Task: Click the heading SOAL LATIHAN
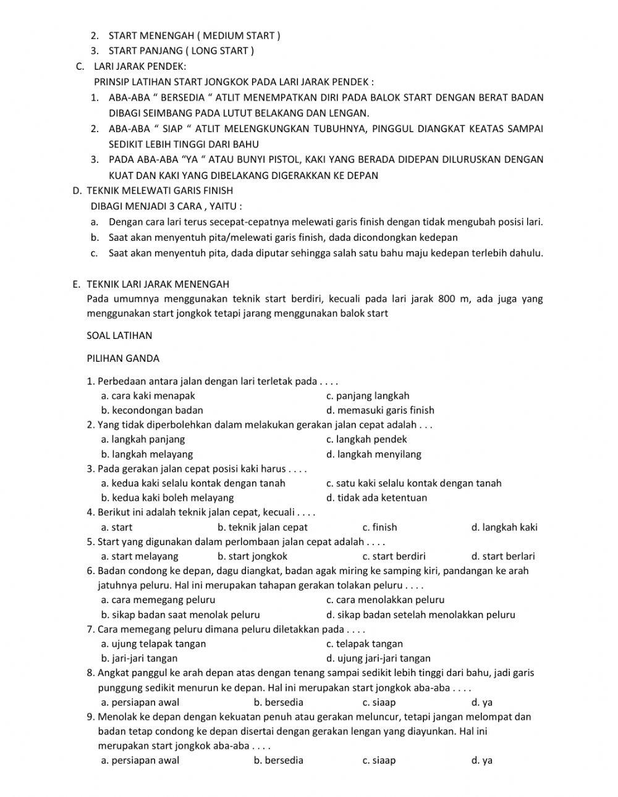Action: click(x=119, y=336)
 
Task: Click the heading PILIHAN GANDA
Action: click(x=123, y=358)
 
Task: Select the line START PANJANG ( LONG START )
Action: click(x=180, y=51)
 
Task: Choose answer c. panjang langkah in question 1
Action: click(x=367, y=396)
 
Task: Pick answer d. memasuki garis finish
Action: click(x=379, y=410)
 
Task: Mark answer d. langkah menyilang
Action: click(x=373, y=454)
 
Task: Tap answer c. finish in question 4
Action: click(x=379, y=527)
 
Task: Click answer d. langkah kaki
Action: click(x=504, y=527)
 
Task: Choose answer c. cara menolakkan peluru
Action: click(x=384, y=599)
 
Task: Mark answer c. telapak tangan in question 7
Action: click(x=364, y=643)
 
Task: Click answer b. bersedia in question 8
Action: click(x=278, y=702)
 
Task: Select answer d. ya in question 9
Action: click(x=481, y=761)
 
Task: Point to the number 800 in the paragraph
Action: click(x=446, y=299)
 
